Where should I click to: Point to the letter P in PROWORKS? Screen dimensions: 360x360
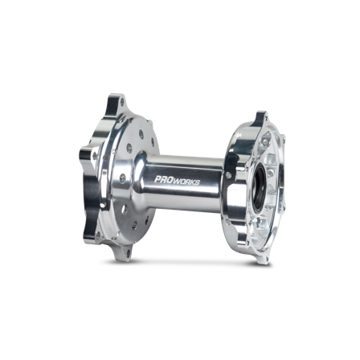click(x=158, y=179)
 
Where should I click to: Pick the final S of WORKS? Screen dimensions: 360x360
click(x=198, y=182)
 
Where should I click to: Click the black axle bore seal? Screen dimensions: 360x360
click(x=259, y=190)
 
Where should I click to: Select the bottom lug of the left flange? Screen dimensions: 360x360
click(x=123, y=252)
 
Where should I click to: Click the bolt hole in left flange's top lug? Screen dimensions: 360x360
click(x=123, y=102)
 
